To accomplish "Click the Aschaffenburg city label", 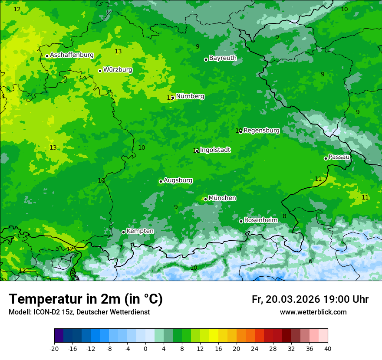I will (72, 55).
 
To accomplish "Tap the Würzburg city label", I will (118, 70).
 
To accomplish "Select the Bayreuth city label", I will (223, 58).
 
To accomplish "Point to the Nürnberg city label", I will (190, 96).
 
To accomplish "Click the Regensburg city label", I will (261, 131).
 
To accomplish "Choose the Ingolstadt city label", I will (215, 150).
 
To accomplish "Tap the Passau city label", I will (339, 157).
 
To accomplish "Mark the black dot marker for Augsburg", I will (161, 181).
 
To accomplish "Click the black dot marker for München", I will (205, 199).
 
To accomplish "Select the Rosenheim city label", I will (260, 220).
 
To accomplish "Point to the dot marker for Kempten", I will (123, 232).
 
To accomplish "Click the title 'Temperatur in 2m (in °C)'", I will (86, 299).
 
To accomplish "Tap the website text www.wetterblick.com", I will (313, 312).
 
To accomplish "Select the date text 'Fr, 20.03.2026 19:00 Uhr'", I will (310, 300).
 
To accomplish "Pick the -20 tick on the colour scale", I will (54, 348).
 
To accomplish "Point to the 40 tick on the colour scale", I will (328, 348).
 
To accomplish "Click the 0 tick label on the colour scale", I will (145, 348).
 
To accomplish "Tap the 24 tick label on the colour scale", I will (255, 348).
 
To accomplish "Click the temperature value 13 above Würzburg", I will (118, 52).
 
